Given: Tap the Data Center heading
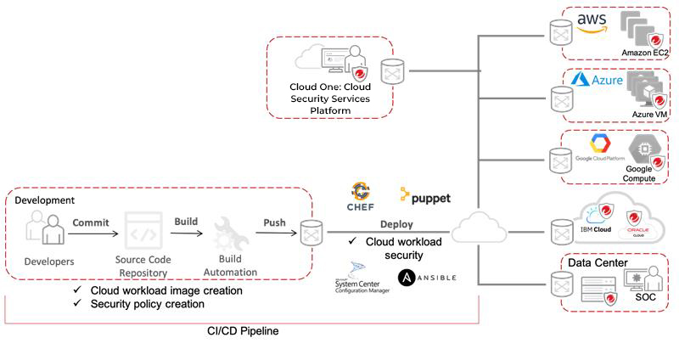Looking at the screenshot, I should point(598,263).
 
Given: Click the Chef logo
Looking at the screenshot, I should point(362,197).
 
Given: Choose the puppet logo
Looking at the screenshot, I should point(425,197).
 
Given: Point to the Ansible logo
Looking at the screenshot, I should point(427,277).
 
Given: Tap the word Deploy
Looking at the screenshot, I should point(396,225).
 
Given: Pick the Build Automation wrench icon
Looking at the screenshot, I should point(230,232).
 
